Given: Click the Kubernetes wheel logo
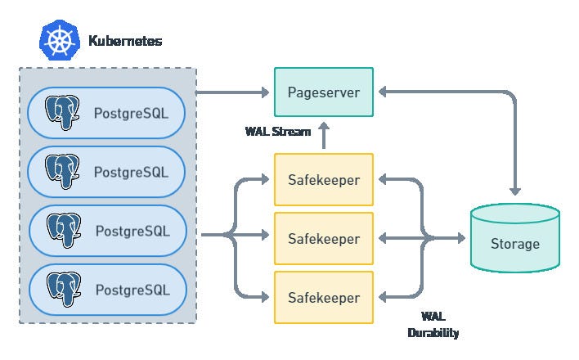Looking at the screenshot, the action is (x=60, y=40).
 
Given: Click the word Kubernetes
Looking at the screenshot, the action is (x=125, y=41).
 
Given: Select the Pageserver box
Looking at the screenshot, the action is (x=324, y=92).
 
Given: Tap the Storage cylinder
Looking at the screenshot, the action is (x=515, y=238).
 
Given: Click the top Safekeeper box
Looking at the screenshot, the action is (x=324, y=180).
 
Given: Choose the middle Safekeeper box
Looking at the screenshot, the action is (x=324, y=238).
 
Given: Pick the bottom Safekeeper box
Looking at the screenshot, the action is (x=324, y=298).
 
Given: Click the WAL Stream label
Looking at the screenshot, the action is (x=278, y=131).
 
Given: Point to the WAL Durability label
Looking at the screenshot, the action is (x=433, y=325).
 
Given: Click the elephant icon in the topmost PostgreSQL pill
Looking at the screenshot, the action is (x=62, y=112).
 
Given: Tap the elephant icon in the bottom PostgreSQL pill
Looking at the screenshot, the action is (x=64, y=290).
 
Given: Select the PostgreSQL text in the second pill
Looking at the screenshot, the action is (x=131, y=173).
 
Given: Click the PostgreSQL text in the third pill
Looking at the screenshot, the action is (x=132, y=231).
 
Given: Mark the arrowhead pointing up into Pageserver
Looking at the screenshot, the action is (x=324, y=126).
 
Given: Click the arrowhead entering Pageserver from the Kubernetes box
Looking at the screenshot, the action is (x=266, y=92).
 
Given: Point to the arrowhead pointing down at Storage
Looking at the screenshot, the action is (x=515, y=191).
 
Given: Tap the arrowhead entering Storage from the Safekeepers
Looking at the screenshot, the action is (x=461, y=238).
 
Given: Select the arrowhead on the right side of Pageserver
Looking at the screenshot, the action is (x=383, y=92).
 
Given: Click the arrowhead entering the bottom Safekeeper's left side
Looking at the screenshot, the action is (x=266, y=297).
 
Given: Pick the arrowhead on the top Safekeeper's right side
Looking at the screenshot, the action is (x=383, y=180).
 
